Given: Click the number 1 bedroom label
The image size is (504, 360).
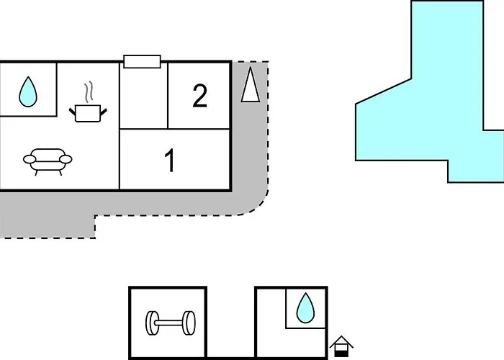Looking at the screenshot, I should [x=170, y=161].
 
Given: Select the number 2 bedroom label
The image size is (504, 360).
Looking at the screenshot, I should [x=200, y=96].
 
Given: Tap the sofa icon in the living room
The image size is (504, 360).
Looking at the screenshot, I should [x=48, y=160].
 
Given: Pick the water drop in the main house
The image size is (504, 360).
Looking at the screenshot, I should [x=28, y=91].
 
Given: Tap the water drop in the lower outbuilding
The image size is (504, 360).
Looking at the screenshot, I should [x=305, y=307].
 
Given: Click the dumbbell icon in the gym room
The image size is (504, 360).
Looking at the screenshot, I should [x=171, y=323].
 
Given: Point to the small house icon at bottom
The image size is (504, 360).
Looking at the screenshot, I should [x=341, y=347].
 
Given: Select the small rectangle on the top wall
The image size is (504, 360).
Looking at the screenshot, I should [x=141, y=61].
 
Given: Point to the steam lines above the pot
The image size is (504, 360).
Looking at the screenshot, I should [x=89, y=92].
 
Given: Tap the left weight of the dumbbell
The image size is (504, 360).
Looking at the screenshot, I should [x=153, y=323].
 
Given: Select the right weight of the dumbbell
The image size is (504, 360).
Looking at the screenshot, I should [x=189, y=323].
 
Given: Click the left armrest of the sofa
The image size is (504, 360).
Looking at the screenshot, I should [x=29, y=158].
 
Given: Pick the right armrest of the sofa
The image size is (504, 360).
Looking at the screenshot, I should [x=66, y=158].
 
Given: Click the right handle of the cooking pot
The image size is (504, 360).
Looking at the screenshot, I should [x=104, y=109].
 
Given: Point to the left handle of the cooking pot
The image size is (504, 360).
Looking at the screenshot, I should [x=73, y=109].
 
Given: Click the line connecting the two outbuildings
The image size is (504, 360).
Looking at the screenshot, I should [x=231, y=356].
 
